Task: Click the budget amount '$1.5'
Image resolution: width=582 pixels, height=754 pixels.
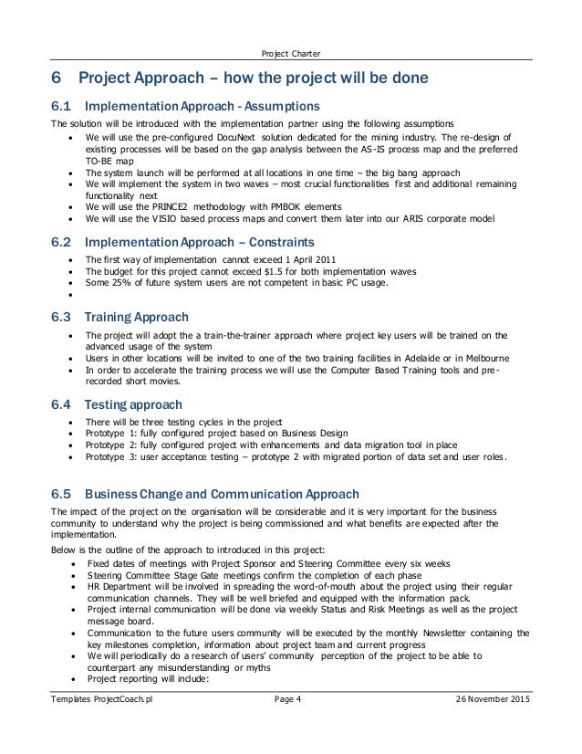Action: [292, 271]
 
